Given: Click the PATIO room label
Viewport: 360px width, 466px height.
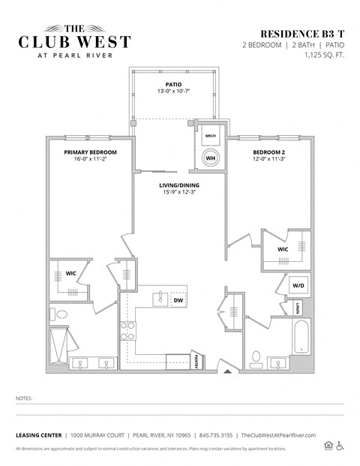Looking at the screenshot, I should click(x=173, y=84).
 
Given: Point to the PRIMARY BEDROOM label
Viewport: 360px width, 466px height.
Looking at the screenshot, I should click(x=91, y=152).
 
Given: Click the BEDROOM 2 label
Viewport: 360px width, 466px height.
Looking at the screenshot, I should click(x=270, y=152).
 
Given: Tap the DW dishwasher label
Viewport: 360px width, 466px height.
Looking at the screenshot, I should click(x=178, y=300).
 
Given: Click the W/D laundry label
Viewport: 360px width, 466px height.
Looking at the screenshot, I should click(x=297, y=285).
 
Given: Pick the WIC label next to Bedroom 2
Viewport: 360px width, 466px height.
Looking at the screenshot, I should click(x=283, y=249).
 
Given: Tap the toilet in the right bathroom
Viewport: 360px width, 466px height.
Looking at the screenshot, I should click(x=256, y=356).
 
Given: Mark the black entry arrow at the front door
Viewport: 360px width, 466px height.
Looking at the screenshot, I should click(x=227, y=371).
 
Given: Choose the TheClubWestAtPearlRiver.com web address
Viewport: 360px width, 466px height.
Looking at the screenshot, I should click(x=279, y=435).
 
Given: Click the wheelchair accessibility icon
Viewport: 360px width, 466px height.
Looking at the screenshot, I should click(x=340, y=446).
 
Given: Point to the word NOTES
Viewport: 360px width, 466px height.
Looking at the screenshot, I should click(x=25, y=398).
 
